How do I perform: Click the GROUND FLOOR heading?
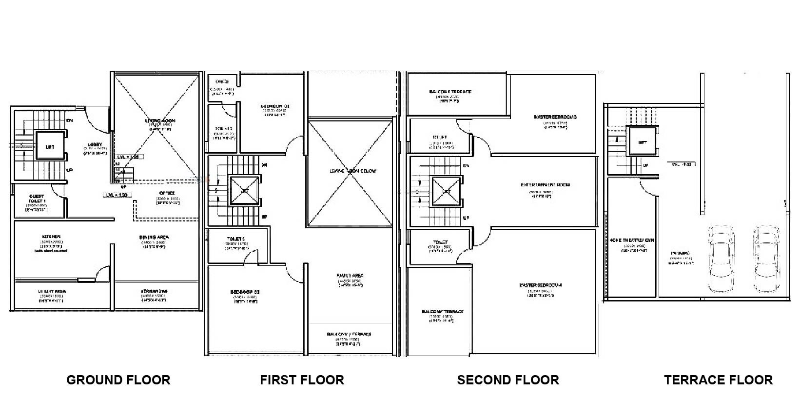point(118,380)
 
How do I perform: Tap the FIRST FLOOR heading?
point(302,380)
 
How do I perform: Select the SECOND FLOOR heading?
point(508,380)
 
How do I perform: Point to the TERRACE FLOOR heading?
point(718,380)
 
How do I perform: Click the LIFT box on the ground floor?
point(50,146)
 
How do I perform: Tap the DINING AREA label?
point(155,237)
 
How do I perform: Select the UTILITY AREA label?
point(52,291)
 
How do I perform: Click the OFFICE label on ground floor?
point(167,193)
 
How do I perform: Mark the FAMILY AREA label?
point(350,276)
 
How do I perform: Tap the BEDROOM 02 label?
point(245,292)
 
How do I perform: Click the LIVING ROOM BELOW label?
point(352,171)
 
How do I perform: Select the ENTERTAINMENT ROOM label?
point(545,185)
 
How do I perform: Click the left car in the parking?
point(721,259)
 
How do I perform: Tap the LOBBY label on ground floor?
point(95,144)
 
